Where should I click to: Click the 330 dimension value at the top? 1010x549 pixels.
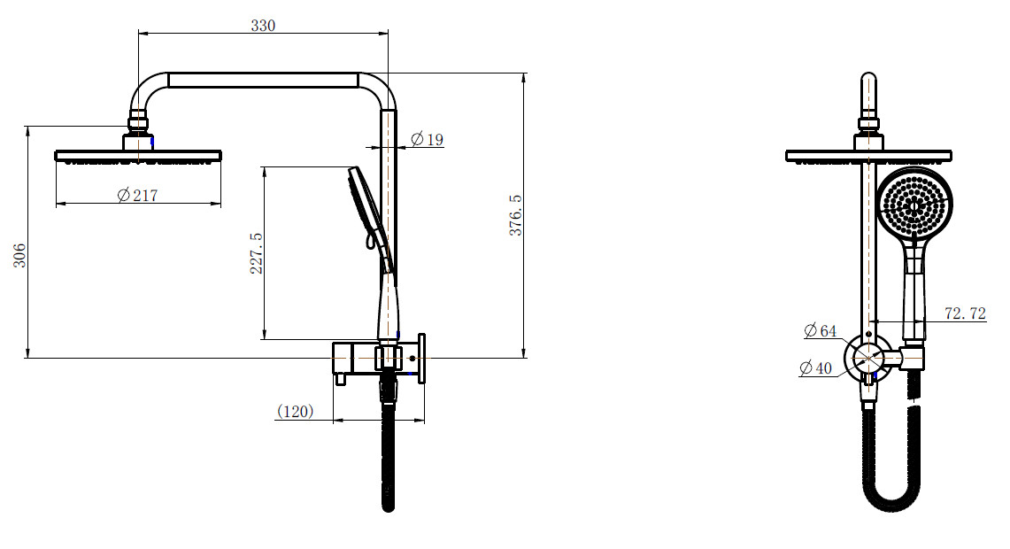[263, 26]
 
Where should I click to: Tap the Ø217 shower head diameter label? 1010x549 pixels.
[138, 195]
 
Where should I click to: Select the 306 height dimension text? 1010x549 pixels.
[20, 255]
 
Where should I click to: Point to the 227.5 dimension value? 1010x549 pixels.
[257, 253]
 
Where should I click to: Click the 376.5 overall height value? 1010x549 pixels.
[516, 215]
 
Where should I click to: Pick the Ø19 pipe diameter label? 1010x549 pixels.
[427, 139]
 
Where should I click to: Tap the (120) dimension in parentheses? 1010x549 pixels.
[295, 411]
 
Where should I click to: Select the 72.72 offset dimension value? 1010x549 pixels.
[965, 313]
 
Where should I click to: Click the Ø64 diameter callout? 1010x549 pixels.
[820, 330]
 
